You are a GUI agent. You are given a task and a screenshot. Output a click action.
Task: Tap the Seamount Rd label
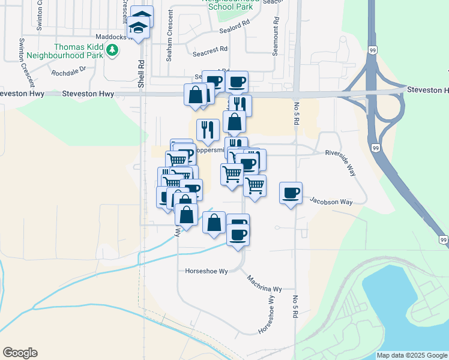coord(275,40)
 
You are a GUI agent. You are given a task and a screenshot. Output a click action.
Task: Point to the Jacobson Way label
coord(331,202)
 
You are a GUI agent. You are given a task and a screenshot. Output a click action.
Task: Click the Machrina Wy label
coord(265,283)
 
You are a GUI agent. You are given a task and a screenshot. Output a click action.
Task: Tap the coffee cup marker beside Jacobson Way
coord(291,193)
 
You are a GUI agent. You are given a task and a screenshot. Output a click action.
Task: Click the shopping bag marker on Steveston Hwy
coord(196,94)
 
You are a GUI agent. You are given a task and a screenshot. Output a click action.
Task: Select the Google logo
coord(20,353)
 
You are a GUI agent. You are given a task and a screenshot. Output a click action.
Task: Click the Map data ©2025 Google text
coord(412,355)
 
